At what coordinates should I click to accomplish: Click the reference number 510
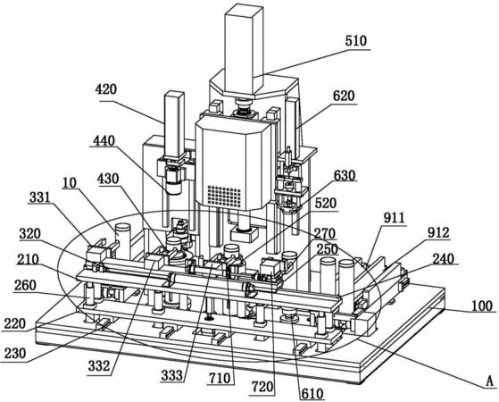click(355, 41)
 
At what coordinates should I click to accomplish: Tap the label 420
click(106, 89)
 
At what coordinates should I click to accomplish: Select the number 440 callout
click(104, 140)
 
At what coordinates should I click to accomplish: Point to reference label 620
click(344, 96)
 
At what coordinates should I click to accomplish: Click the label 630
click(344, 175)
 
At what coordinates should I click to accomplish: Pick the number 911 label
click(394, 218)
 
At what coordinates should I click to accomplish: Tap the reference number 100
click(481, 306)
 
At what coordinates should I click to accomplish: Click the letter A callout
click(490, 381)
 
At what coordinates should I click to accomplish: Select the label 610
click(312, 394)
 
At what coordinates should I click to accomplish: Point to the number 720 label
click(262, 387)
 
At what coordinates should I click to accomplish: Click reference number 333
click(172, 376)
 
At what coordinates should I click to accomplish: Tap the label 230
click(13, 353)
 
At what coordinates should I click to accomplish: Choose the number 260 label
click(25, 285)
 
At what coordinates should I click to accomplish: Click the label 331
click(39, 197)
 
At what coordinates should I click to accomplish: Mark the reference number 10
click(70, 183)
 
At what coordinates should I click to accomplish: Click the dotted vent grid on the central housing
click(224, 197)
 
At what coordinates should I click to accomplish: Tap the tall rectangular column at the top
click(244, 50)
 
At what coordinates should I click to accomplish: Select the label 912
click(438, 232)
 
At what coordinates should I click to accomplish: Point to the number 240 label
click(445, 259)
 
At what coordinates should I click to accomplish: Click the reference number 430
click(108, 179)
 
